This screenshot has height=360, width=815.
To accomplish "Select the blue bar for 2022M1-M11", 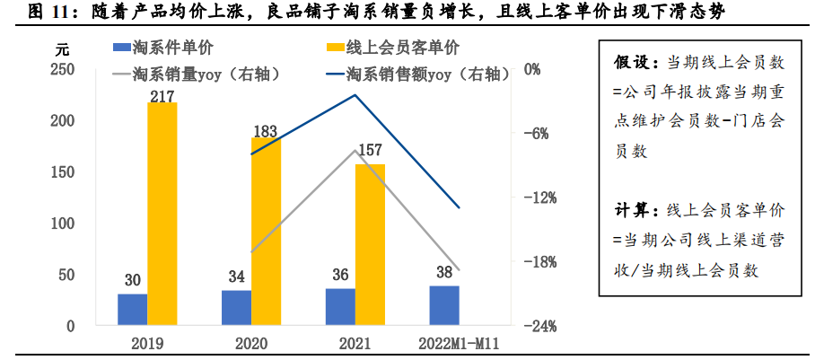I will (x=443, y=305).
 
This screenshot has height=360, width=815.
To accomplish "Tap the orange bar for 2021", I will (x=370, y=244).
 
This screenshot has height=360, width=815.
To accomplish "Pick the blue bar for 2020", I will (x=236, y=307).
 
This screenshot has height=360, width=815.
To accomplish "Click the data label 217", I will (x=162, y=92).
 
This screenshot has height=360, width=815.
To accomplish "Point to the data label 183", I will (x=266, y=131).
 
